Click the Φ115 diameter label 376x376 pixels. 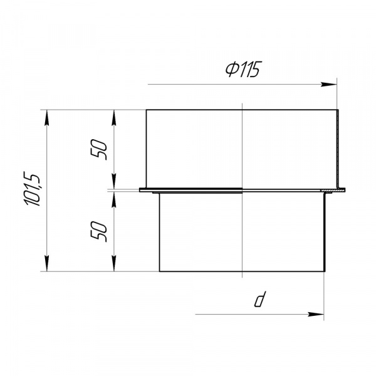243,70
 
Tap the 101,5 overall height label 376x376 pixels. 32,189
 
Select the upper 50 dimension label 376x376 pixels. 98,150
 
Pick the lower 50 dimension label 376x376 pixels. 98,231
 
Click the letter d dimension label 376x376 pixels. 260,300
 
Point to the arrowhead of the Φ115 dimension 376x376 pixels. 329,85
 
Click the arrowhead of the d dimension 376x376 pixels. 316,315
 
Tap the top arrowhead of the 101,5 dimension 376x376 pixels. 47,118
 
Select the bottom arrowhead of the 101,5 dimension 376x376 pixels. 47,264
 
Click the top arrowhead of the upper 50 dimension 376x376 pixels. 114,118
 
